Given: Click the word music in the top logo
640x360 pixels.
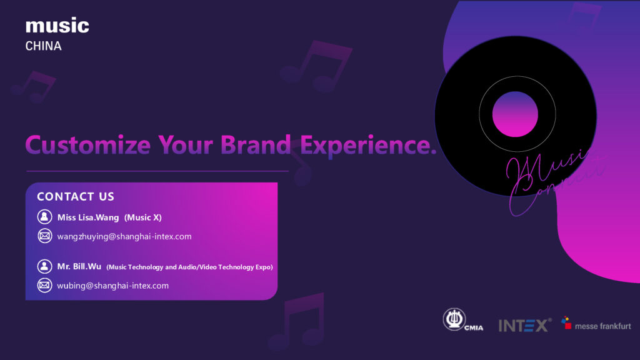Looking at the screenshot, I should pyautogui.click(x=57, y=26).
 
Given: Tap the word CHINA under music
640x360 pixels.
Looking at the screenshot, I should pyautogui.click(x=43, y=46).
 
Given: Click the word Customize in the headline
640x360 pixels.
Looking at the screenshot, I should pyautogui.click(x=87, y=144).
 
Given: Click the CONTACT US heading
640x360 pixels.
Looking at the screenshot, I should pyautogui.click(x=76, y=196).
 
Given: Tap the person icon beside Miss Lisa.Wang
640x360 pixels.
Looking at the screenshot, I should pyautogui.click(x=44, y=217).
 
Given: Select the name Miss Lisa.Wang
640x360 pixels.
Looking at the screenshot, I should pyautogui.click(x=88, y=217).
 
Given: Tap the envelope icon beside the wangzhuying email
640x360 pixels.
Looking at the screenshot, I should pyautogui.click(x=44, y=236).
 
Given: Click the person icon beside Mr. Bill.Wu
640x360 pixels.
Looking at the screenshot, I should pyautogui.click(x=44, y=266).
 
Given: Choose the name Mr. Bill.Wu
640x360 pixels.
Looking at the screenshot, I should pyautogui.click(x=79, y=266).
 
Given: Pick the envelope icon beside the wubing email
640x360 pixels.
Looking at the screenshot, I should pyautogui.click(x=44, y=286).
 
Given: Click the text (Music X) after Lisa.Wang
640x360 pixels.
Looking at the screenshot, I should pyautogui.click(x=143, y=217).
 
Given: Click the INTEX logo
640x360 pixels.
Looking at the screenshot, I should pyautogui.click(x=524, y=325).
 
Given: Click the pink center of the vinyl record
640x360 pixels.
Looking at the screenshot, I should pyautogui.click(x=515, y=114).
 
